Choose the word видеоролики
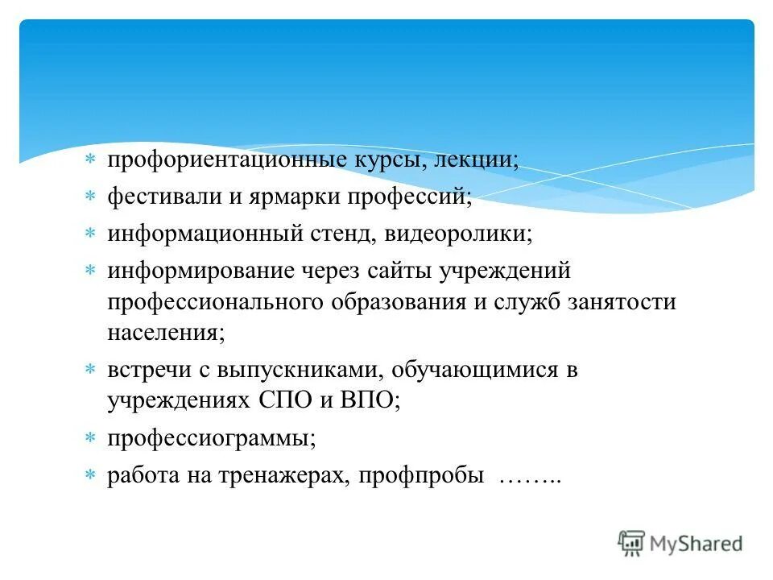pyautogui.click(x=458, y=234)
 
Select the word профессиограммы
pyautogui.click(x=212, y=439)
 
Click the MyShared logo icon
pyautogui.click(x=631, y=543)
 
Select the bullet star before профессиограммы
pyautogui.click(x=91, y=439)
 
